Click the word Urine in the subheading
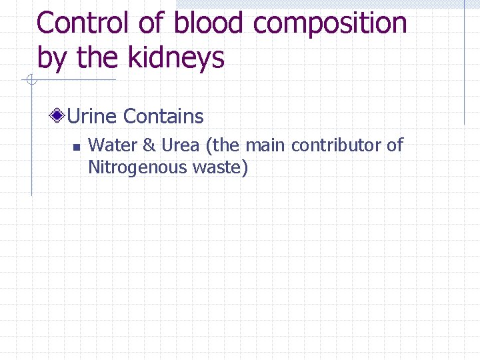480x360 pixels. tap(93, 117)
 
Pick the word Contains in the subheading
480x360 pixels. tap(163, 117)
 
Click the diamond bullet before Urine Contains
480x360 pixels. tap(59, 117)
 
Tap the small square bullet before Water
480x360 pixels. tap(76, 147)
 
